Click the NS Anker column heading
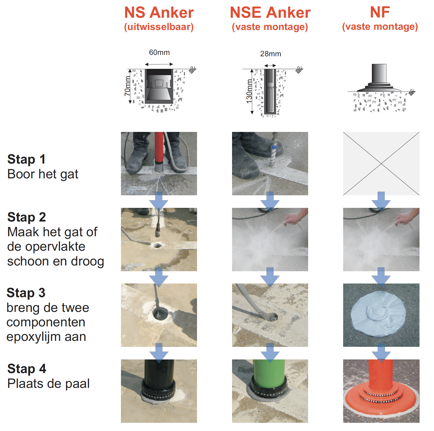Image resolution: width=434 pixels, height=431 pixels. coord(159,13)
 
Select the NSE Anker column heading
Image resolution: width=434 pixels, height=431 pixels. coord(270,13)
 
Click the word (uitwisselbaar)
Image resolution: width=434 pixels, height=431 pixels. coord(159,27)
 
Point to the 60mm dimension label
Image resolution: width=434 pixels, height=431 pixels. coord(159,52)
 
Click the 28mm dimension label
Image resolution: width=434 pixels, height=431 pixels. coord(270,54)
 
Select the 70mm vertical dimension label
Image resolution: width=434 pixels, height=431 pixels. coord(128,86)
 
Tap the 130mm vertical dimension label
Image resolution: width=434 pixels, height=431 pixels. coord(249,91)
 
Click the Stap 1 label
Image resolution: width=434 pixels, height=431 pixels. coord(26,159)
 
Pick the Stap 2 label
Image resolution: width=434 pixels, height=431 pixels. coord(27,217)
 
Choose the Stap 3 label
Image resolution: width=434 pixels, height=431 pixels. coord(26,293)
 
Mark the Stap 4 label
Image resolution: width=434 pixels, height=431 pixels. coord(27,369)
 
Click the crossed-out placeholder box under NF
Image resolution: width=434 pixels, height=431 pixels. coord(381,164)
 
